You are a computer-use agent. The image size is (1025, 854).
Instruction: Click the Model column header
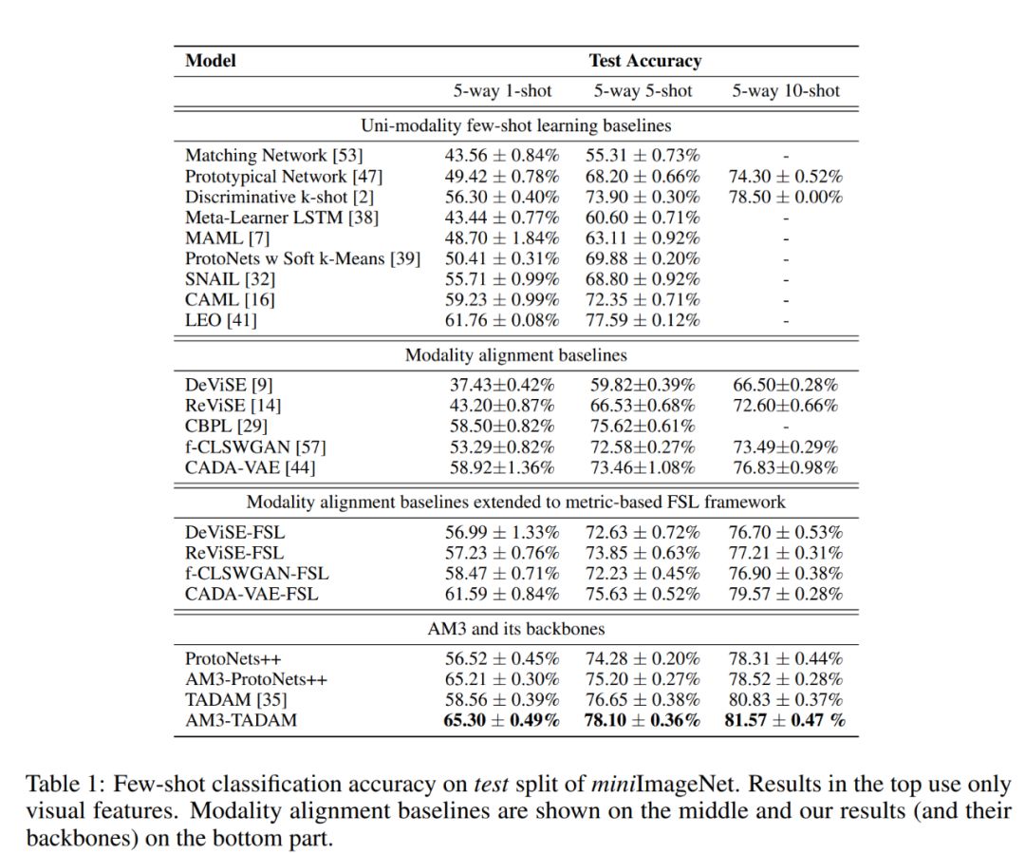coord(211,61)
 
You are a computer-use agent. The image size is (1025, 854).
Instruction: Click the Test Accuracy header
coord(644,61)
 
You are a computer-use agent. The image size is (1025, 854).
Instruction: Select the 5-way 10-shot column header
coord(786,91)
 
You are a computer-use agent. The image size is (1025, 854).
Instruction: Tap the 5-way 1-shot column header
coord(502,91)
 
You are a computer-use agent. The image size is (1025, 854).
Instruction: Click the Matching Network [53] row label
coord(273,155)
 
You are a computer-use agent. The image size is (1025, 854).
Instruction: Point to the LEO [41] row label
coord(220,320)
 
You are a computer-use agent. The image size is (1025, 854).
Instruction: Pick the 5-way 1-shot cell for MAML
coord(502,237)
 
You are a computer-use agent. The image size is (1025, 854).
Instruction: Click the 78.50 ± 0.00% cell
coord(786,197)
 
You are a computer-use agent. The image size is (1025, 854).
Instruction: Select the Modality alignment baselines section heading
coord(515,355)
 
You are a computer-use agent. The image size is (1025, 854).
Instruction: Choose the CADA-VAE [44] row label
coord(250,467)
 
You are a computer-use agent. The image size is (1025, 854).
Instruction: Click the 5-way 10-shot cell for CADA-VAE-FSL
coord(786,594)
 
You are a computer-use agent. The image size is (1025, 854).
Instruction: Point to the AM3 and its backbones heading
coord(515,628)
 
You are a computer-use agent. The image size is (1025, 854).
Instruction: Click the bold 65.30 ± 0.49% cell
coord(502,720)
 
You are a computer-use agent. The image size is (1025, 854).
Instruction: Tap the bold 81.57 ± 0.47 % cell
coord(786,720)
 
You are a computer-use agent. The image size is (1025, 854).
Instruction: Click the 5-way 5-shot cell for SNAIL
coord(644,279)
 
